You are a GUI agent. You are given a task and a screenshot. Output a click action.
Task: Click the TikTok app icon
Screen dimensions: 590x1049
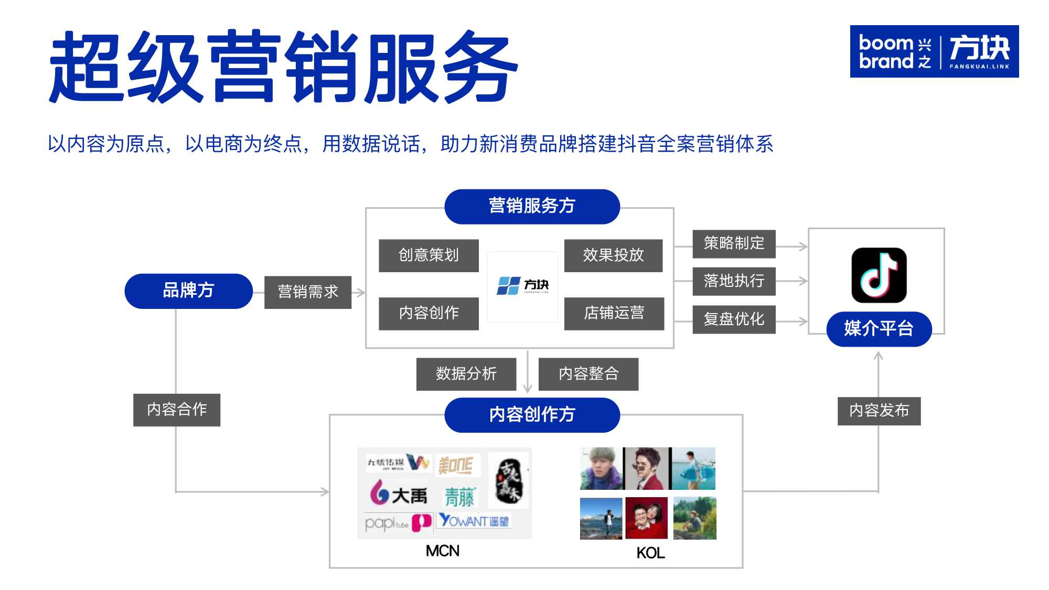(879, 275)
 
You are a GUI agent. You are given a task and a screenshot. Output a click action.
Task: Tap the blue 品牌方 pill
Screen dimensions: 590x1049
(188, 291)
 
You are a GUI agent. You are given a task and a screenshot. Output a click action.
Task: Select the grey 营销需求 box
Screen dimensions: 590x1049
(308, 292)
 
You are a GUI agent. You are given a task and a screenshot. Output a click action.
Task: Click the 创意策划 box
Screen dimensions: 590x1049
(429, 255)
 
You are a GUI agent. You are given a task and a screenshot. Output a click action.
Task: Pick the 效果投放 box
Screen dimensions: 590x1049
(613, 255)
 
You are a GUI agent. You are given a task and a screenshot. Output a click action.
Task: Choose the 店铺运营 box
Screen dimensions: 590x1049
(614, 314)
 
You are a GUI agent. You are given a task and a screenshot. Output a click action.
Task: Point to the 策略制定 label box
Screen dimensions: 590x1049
(734, 243)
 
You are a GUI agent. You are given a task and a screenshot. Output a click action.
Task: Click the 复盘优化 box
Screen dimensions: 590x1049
(734, 319)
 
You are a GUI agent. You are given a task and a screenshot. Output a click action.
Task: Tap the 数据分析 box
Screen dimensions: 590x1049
(466, 374)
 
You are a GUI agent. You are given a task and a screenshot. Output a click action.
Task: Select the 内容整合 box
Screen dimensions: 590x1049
(588, 374)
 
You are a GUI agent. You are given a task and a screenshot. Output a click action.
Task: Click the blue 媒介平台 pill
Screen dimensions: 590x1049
(879, 329)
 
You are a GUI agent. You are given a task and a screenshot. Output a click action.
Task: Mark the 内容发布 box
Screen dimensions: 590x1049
(879, 411)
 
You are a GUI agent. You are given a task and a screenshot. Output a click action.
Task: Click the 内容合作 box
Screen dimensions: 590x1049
(177, 410)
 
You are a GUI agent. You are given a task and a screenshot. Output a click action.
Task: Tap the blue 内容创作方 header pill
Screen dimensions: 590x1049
(532, 415)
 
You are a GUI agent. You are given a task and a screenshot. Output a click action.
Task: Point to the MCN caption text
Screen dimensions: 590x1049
(443, 551)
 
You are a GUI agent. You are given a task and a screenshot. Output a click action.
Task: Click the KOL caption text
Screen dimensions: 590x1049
(650, 553)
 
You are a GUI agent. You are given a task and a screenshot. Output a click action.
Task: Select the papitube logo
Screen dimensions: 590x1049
(397, 523)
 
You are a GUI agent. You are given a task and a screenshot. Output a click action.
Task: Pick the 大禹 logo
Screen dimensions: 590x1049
(399, 495)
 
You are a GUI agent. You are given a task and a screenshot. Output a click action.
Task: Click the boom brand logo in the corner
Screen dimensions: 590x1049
(934, 51)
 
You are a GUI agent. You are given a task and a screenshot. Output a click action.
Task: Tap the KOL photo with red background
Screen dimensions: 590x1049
(646, 518)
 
